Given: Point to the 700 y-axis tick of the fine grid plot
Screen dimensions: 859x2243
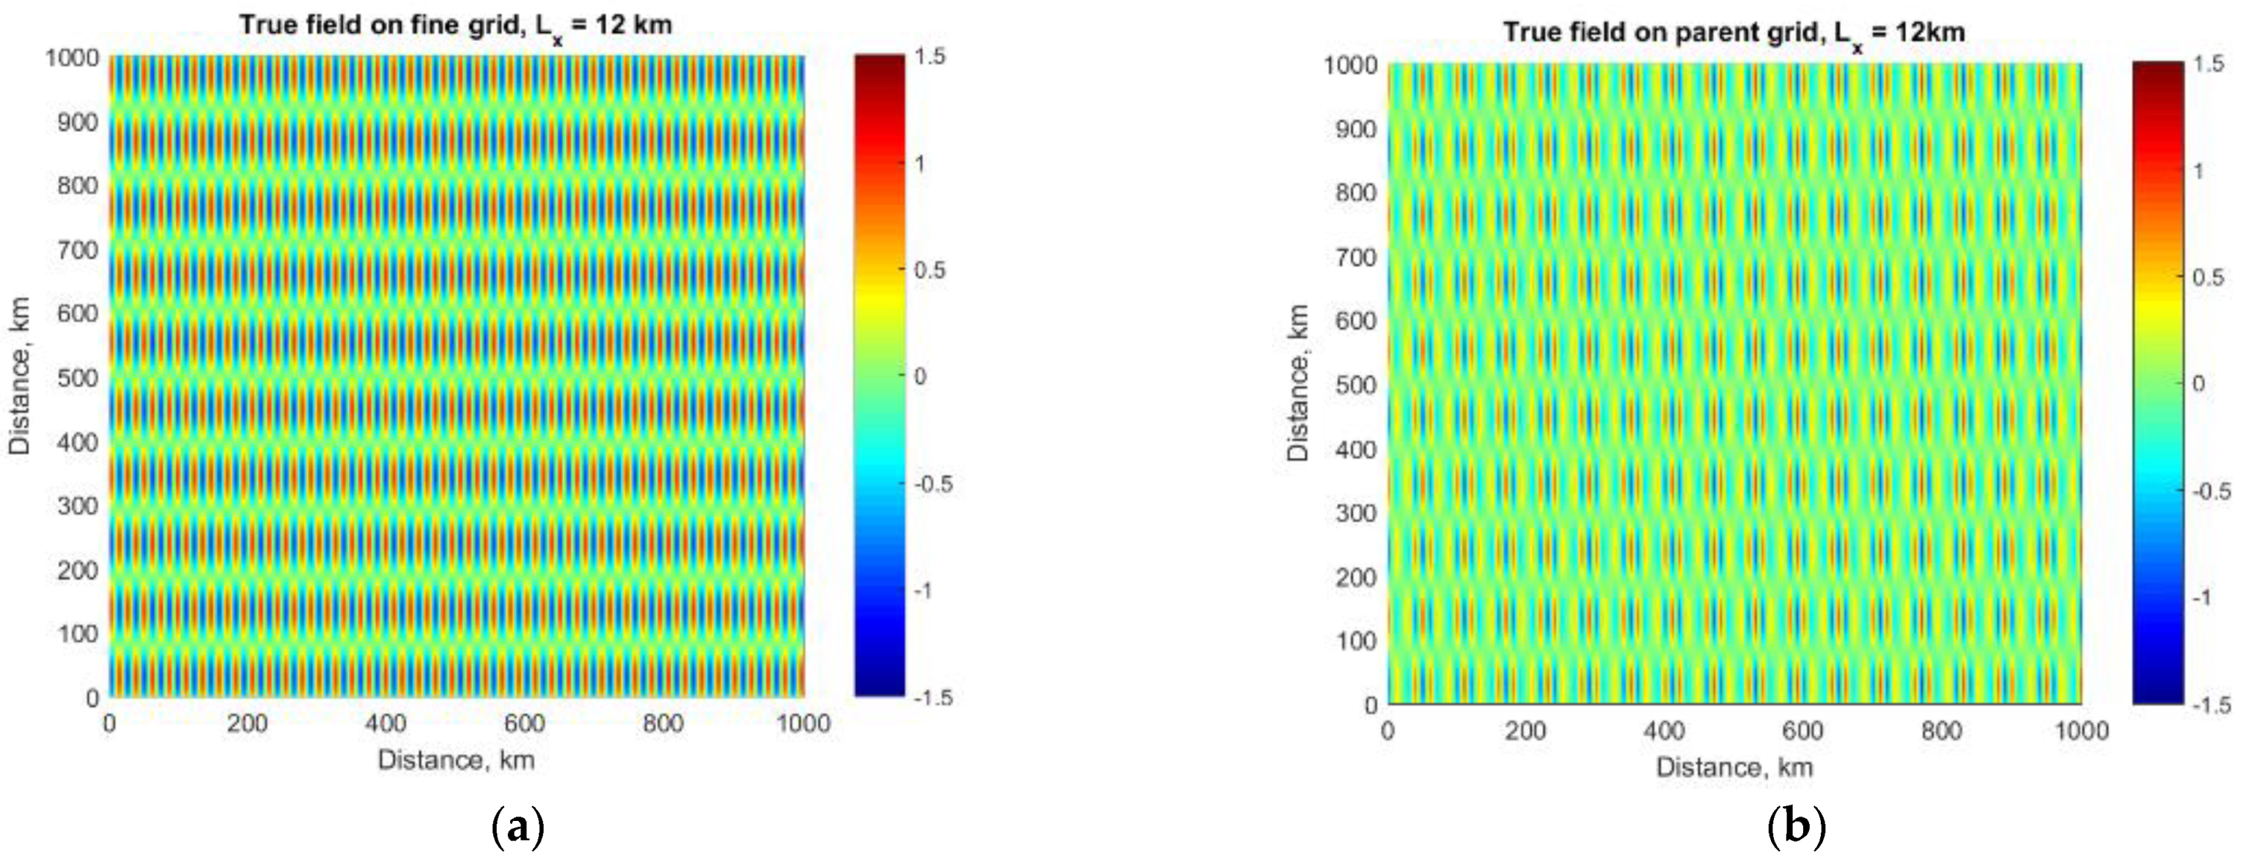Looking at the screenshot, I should [78, 250].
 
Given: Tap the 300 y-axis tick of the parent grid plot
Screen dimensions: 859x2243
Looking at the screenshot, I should [1356, 513].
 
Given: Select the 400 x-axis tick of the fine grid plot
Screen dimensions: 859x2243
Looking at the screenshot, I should [386, 724].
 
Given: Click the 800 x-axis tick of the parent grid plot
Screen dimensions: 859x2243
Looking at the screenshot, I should [1941, 731].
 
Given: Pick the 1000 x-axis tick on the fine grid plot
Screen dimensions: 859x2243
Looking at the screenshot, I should [803, 724].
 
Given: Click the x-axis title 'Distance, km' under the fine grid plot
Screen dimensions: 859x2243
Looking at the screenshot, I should [455, 761].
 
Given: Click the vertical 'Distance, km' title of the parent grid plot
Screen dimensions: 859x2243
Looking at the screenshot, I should [1298, 383].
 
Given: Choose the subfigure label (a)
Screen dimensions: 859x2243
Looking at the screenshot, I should [519, 827].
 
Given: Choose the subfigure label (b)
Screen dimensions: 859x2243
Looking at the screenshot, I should [1797, 827].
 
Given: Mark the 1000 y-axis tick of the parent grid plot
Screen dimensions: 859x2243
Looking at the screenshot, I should [1349, 65].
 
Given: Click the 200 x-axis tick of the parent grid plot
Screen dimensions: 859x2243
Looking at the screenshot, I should [1525, 731].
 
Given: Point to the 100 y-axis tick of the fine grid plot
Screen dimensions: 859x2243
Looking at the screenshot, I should [78, 634].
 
